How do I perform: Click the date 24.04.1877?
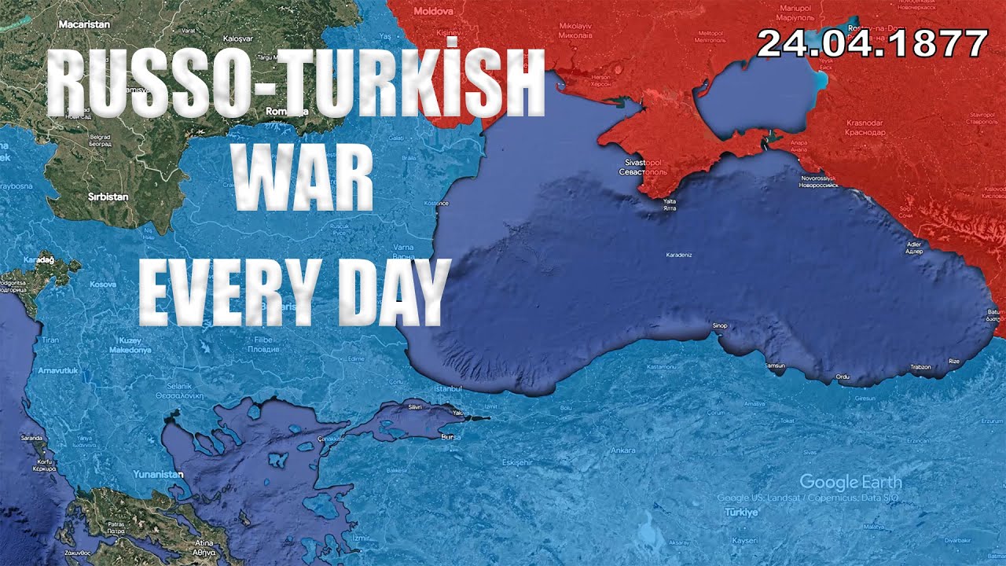(x=872, y=43)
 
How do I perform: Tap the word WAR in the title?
(x=303, y=183)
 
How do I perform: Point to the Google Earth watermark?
(x=850, y=482)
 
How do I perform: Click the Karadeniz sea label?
(x=679, y=255)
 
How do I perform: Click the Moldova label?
(x=434, y=12)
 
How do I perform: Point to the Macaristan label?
(x=84, y=24)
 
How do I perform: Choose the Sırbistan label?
(x=108, y=197)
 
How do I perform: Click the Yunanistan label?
(x=157, y=474)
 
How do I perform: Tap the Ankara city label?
(x=623, y=450)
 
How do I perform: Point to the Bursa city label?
(x=450, y=436)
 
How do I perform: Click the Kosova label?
(x=103, y=284)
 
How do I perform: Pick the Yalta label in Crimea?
(x=669, y=202)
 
